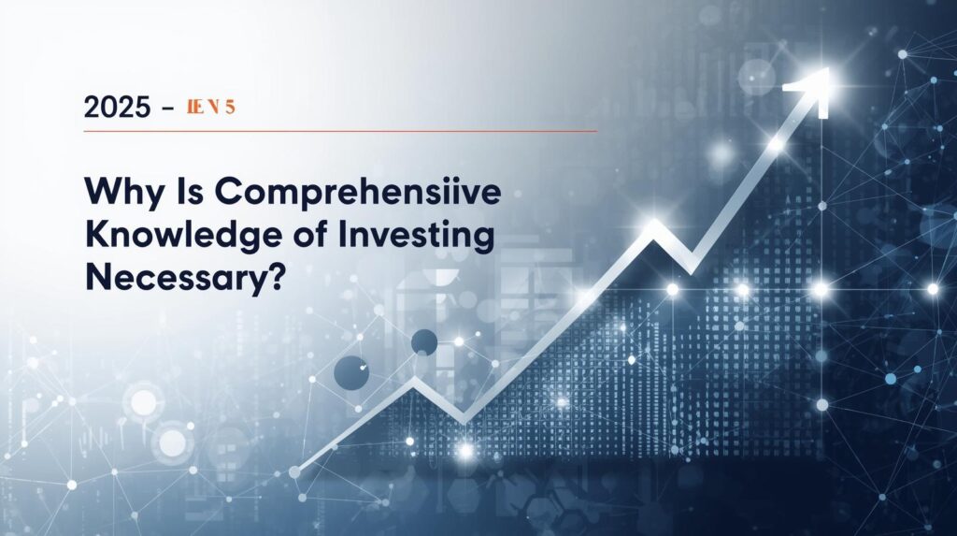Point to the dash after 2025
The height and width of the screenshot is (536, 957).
coord(167,109)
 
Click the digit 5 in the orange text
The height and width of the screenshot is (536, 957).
coord(229,108)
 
